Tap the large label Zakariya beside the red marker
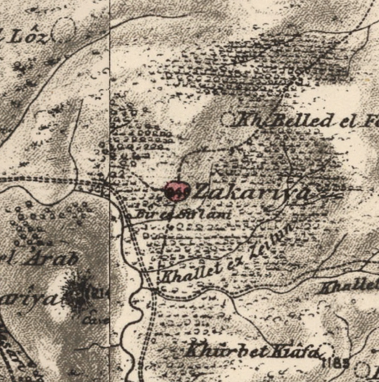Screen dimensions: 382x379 pos(251,193)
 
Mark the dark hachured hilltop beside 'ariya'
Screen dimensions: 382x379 pos(79,295)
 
